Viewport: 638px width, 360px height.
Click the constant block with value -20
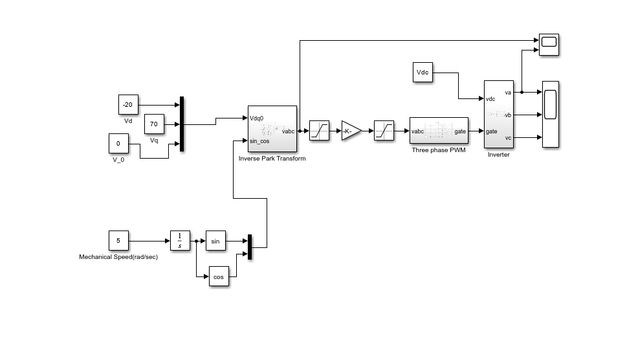click(x=128, y=104)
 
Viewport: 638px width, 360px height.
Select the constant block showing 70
click(x=154, y=123)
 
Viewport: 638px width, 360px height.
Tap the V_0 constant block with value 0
click(x=118, y=143)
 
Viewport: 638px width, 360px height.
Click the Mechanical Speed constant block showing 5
click(x=118, y=241)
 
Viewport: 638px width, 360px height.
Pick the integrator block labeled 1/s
click(x=180, y=241)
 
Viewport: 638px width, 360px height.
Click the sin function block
click(x=215, y=241)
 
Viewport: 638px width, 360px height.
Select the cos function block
click(x=219, y=276)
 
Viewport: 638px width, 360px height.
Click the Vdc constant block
click(x=423, y=73)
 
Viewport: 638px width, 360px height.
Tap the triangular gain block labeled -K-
click(x=351, y=131)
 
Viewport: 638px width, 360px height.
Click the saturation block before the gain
click(x=319, y=131)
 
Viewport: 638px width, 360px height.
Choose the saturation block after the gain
click(x=384, y=131)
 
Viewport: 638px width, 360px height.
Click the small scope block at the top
click(x=549, y=44)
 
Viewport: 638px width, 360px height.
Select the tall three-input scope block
click(x=550, y=114)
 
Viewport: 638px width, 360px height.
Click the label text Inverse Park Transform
click(x=272, y=159)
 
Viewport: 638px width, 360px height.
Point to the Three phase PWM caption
click(x=439, y=150)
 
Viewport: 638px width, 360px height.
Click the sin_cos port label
click(x=259, y=141)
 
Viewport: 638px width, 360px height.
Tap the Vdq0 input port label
click(x=257, y=118)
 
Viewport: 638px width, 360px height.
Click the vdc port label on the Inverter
click(x=490, y=99)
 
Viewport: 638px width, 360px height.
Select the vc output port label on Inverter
click(x=508, y=137)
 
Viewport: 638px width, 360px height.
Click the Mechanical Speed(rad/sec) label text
click(x=118, y=257)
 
